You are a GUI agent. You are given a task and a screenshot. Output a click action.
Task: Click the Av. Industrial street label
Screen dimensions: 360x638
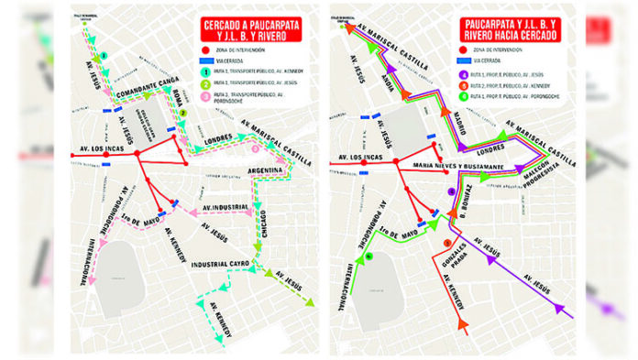(x=225, y=208)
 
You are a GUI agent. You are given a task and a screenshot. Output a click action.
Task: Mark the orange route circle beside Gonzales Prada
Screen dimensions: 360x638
(x=446, y=242)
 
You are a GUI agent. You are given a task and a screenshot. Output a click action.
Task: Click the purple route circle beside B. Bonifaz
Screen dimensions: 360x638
(x=451, y=191)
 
